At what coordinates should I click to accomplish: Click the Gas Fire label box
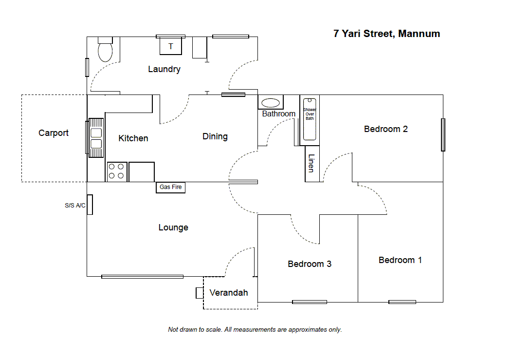coord(170,188)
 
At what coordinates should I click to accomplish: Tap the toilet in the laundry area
coord(105,49)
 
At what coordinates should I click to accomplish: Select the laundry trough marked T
coord(170,46)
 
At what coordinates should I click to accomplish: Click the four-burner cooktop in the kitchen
coord(117,171)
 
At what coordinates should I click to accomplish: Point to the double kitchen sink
coord(96,138)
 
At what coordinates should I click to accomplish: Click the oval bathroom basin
coord(271,103)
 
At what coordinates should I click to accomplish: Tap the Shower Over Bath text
coord(310,114)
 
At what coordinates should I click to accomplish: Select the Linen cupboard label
coord(311,163)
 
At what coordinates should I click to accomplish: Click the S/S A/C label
coord(75,206)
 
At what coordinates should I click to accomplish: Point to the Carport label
coord(54,133)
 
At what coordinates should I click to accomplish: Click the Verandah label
coord(229,293)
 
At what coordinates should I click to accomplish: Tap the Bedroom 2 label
coord(386,129)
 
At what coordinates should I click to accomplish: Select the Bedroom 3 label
coord(310,264)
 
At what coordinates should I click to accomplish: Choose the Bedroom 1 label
coord(401,260)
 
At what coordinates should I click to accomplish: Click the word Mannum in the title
coord(419,34)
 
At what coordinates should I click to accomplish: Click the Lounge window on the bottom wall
coord(143,277)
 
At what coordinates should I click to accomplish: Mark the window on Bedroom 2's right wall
coord(443,135)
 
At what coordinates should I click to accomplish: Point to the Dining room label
coord(215,137)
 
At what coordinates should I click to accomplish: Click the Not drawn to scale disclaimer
coord(255,330)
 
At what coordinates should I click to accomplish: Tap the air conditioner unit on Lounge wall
coord(90,205)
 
